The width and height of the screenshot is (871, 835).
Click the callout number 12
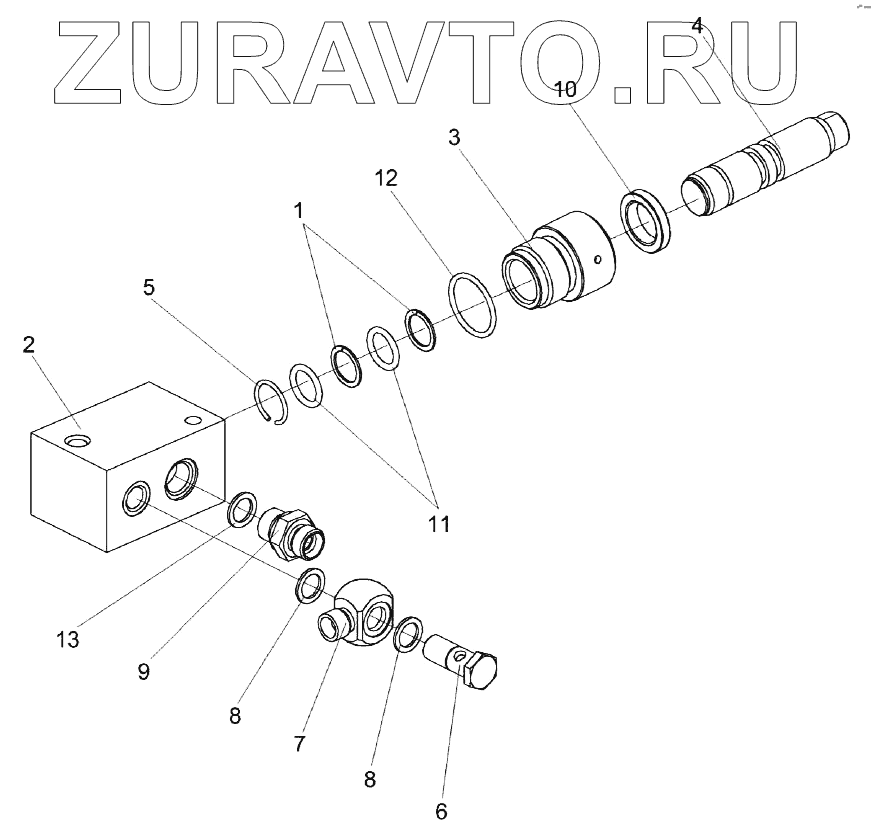[386, 178]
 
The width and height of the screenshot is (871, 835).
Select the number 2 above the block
[29, 345]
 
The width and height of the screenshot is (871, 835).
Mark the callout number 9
[143, 671]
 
